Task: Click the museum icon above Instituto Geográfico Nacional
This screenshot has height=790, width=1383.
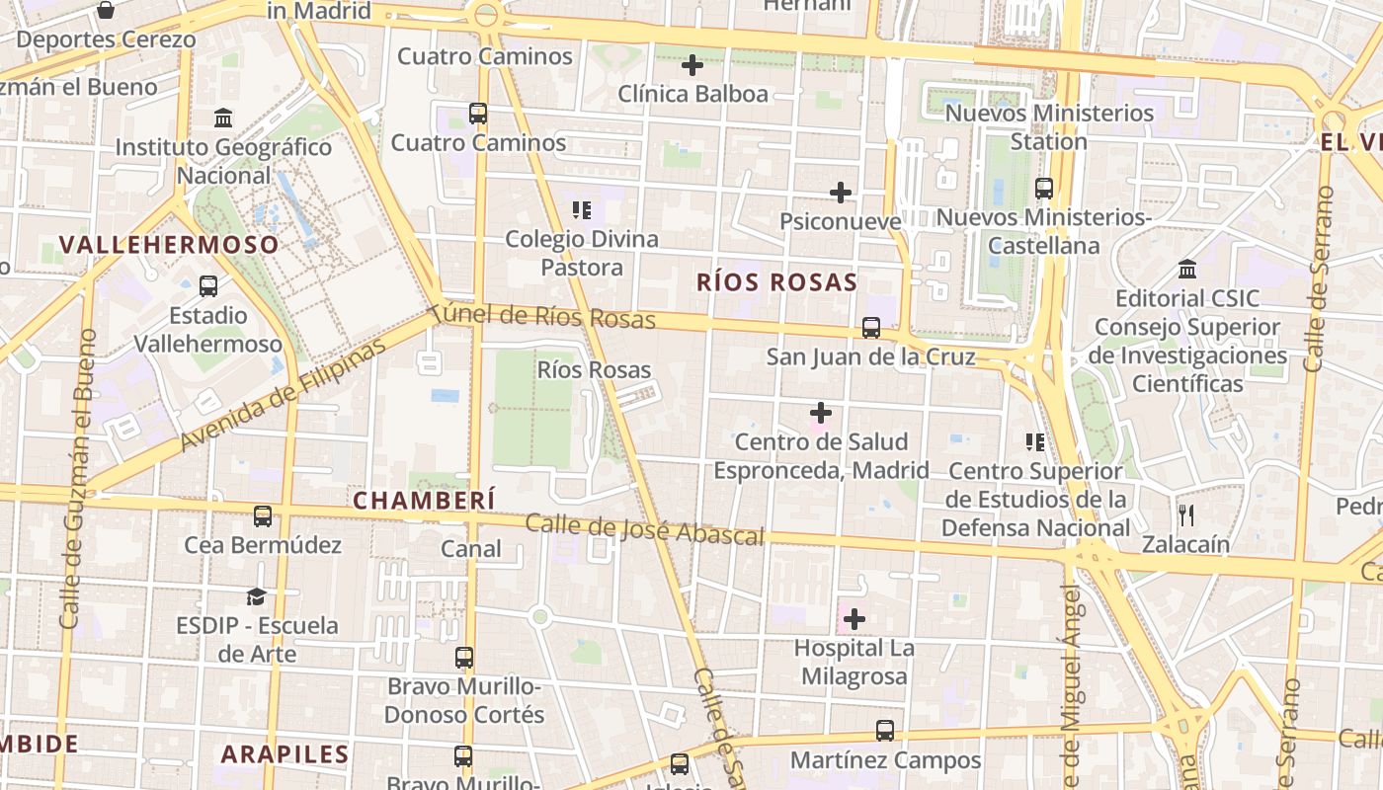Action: click(x=223, y=118)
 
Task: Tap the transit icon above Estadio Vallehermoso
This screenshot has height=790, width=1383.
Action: click(x=208, y=286)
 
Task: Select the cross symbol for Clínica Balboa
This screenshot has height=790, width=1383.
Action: click(x=692, y=65)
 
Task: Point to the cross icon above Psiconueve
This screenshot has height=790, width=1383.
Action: click(x=841, y=192)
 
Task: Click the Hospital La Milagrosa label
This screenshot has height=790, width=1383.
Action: click(x=854, y=663)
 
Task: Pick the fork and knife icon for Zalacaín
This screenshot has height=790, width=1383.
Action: click(x=1186, y=514)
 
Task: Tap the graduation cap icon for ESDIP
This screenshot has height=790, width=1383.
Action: click(x=257, y=596)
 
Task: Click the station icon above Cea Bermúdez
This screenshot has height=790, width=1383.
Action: click(x=263, y=515)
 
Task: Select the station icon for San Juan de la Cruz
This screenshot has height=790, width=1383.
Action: click(x=870, y=327)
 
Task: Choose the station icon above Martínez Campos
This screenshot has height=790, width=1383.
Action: click(x=885, y=731)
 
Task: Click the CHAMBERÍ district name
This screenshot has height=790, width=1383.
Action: click(x=424, y=501)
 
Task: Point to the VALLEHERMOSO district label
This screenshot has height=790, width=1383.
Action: click(x=168, y=245)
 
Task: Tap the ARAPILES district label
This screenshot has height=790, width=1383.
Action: click(x=285, y=754)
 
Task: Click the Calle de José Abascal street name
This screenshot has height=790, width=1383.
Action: click(x=644, y=529)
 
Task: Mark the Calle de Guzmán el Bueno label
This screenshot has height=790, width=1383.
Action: click(x=77, y=479)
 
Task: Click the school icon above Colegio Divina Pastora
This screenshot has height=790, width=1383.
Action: click(x=582, y=209)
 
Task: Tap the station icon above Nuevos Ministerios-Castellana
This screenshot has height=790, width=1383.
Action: click(x=1043, y=188)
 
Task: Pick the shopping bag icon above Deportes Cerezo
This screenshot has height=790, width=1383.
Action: click(x=106, y=11)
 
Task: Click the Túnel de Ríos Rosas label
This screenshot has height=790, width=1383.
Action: click(x=543, y=316)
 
